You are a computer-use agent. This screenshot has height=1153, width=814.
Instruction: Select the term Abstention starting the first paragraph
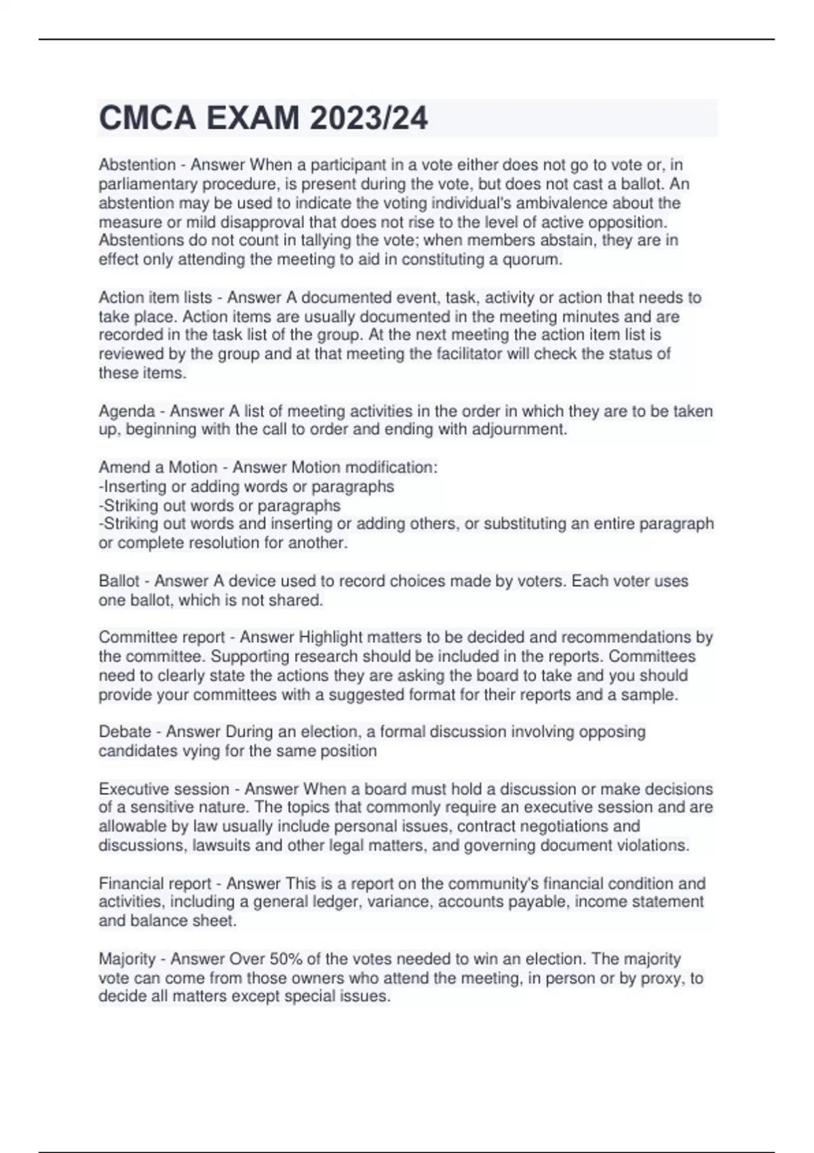click(x=137, y=165)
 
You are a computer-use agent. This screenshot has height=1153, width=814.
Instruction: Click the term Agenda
click(x=127, y=411)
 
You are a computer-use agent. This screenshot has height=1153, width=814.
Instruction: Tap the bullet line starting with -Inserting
click(x=247, y=486)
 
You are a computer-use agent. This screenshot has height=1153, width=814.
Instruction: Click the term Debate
click(x=125, y=732)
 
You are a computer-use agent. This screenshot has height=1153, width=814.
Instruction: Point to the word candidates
click(x=138, y=751)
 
